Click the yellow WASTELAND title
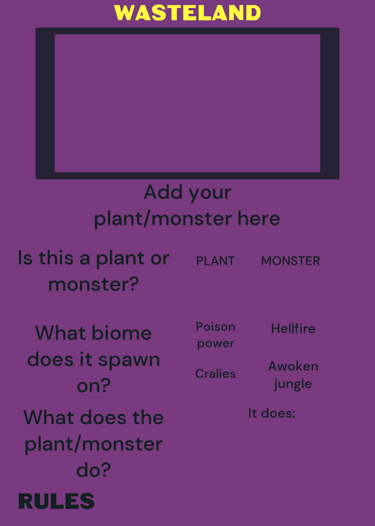tap(187, 13)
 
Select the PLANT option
tap(215, 261)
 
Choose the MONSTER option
tap(290, 261)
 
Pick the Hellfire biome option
tap(293, 328)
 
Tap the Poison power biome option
tap(215, 335)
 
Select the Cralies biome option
tap(215, 373)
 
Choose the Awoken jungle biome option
tap(293, 375)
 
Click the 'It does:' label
tap(272, 413)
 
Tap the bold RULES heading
tap(56, 501)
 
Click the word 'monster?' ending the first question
tap(93, 285)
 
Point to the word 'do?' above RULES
tap(93, 469)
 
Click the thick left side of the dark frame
tap(45, 103)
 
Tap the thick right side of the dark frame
tap(330, 103)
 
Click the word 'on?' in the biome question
tap(93, 386)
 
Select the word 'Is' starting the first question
tap(25, 258)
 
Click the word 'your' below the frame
tap(210, 193)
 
